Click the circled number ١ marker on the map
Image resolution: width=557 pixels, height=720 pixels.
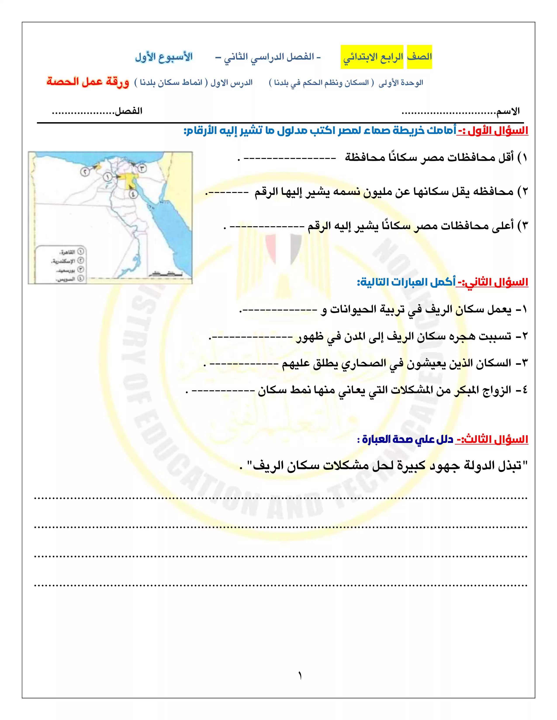click(107, 177)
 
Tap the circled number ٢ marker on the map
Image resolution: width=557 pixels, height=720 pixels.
click(85, 171)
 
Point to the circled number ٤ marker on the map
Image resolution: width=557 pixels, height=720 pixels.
click(133, 194)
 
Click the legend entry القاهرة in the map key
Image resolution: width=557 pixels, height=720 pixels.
click(68, 252)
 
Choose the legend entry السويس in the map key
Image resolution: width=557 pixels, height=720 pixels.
click(66, 279)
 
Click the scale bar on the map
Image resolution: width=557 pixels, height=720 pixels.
click(165, 274)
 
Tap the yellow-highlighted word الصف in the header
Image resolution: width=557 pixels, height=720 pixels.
click(419, 57)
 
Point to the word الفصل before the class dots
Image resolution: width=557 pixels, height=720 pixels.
click(128, 111)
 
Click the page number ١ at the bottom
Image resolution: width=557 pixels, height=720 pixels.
click(300, 676)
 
